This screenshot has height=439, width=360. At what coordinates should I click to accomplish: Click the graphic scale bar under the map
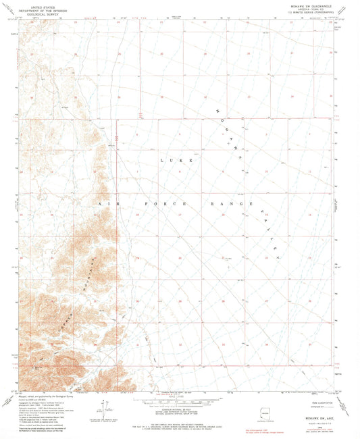[180, 396]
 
